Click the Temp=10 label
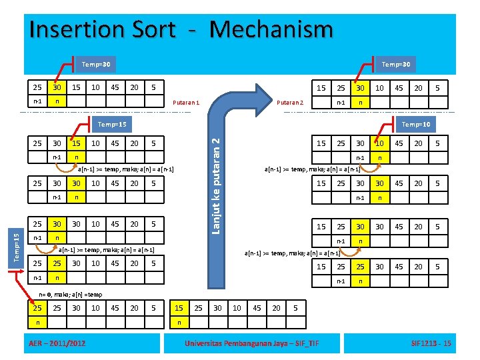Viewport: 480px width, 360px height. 416,125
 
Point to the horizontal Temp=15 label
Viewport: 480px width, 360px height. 111,125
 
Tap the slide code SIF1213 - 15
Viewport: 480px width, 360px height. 431,343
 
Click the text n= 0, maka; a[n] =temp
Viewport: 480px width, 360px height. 71,294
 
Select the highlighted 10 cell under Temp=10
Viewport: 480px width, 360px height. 379,143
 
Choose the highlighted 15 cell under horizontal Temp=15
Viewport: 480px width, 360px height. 77,143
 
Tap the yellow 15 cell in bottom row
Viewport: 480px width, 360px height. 179,308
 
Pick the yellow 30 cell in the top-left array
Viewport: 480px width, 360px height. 57,88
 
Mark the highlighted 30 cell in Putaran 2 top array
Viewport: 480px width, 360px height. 360,88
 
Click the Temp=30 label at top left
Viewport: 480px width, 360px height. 96,64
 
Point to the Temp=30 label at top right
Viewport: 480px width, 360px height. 396,64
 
